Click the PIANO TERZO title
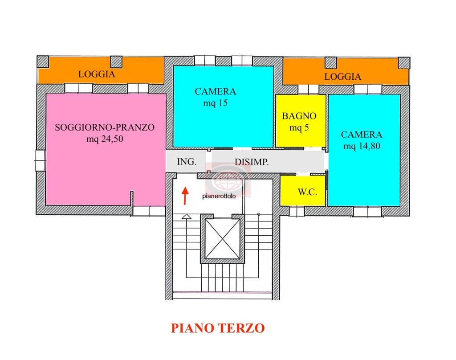[x=218, y=328]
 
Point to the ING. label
[x=187, y=162]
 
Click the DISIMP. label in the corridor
[x=252, y=162]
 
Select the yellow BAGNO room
[x=299, y=121]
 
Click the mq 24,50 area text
[x=105, y=139]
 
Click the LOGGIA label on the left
[x=97, y=74]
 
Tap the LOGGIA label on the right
[x=342, y=77]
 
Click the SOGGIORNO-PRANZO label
[x=105, y=127]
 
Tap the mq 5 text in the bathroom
[x=299, y=128]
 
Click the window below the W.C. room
[x=297, y=211]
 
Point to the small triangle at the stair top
[x=186, y=217]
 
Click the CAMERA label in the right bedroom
[x=361, y=135]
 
